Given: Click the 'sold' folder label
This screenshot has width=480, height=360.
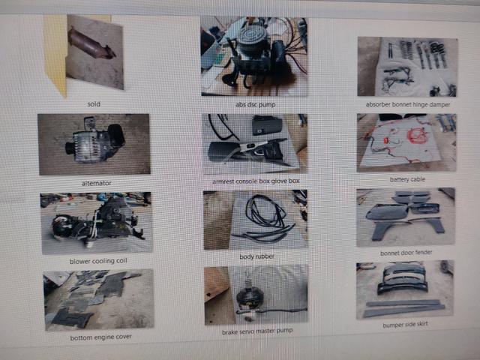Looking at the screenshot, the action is (94, 104).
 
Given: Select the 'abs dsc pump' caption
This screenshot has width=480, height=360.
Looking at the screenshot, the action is (255, 105).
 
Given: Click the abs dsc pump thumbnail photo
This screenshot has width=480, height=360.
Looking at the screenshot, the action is (254, 56).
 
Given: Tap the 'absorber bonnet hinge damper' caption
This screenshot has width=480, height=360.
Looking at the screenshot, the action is (408, 105).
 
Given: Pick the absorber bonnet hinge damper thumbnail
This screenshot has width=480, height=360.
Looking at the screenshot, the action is (407, 67).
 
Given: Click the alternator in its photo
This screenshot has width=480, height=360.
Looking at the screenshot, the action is (95, 142).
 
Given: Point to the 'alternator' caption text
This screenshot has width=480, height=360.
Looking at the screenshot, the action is (97, 183).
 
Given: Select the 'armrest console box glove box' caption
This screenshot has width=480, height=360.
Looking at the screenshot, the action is (256, 181).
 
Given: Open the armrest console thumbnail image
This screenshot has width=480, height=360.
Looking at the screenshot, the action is (255, 144).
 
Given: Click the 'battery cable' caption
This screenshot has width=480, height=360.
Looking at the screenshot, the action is (407, 179).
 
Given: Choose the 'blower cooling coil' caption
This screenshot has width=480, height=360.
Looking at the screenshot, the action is (98, 261).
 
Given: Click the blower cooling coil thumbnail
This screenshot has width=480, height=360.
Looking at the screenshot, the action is (96, 223).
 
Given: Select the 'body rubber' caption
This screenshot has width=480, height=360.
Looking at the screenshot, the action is (256, 256).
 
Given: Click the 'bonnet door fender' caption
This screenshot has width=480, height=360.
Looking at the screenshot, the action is (406, 253).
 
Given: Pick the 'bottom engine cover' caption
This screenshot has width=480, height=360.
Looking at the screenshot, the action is (100, 337).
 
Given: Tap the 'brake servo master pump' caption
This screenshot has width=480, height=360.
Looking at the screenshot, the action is (257, 331).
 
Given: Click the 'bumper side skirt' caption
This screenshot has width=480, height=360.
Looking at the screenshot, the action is (405, 325).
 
